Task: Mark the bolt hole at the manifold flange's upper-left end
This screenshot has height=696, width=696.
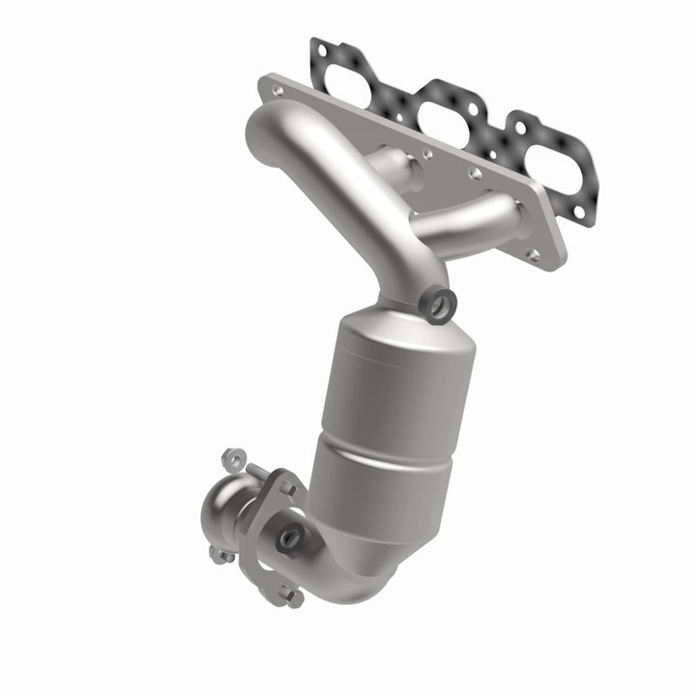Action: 278,89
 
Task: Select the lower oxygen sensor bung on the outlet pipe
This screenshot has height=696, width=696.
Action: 291,535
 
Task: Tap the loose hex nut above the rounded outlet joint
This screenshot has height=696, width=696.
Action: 230,456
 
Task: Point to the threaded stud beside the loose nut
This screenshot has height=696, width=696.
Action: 257,471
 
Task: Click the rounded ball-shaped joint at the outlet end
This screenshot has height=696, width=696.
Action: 224,507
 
